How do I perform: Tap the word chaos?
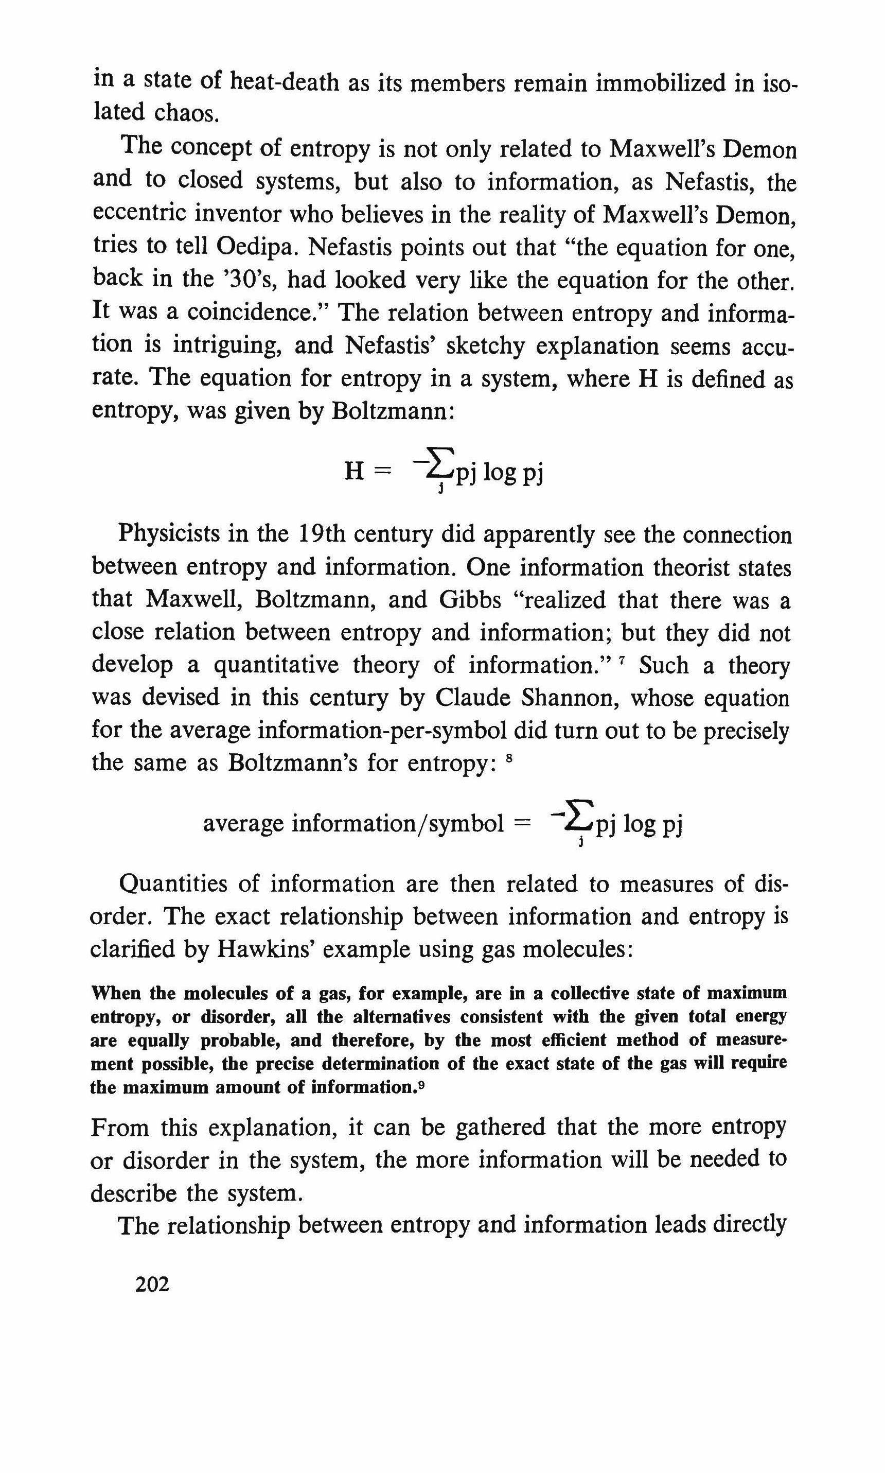[187, 113]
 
